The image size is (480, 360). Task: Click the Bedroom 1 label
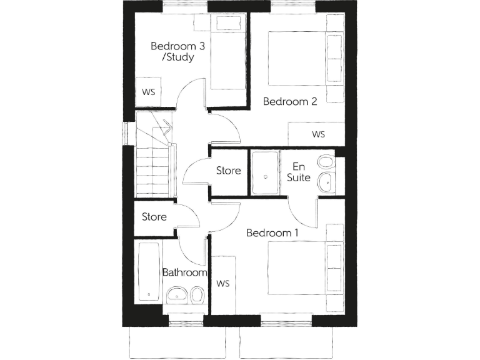click(x=272, y=233)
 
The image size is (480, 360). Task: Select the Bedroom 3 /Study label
click(x=172, y=51)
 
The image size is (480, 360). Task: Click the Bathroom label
click(x=184, y=273)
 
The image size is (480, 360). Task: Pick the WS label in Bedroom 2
click(x=319, y=134)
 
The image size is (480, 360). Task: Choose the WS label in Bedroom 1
click(x=223, y=284)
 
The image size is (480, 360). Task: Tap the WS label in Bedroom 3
click(x=149, y=92)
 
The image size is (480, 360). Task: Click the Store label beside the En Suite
click(x=229, y=171)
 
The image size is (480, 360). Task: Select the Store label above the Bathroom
click(x=154, y=217)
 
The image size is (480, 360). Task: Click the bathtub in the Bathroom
click(x=147, y=272)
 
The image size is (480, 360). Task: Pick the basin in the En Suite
click(x=327, y=183)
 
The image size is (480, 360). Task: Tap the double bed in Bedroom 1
click(x=304, y=268)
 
